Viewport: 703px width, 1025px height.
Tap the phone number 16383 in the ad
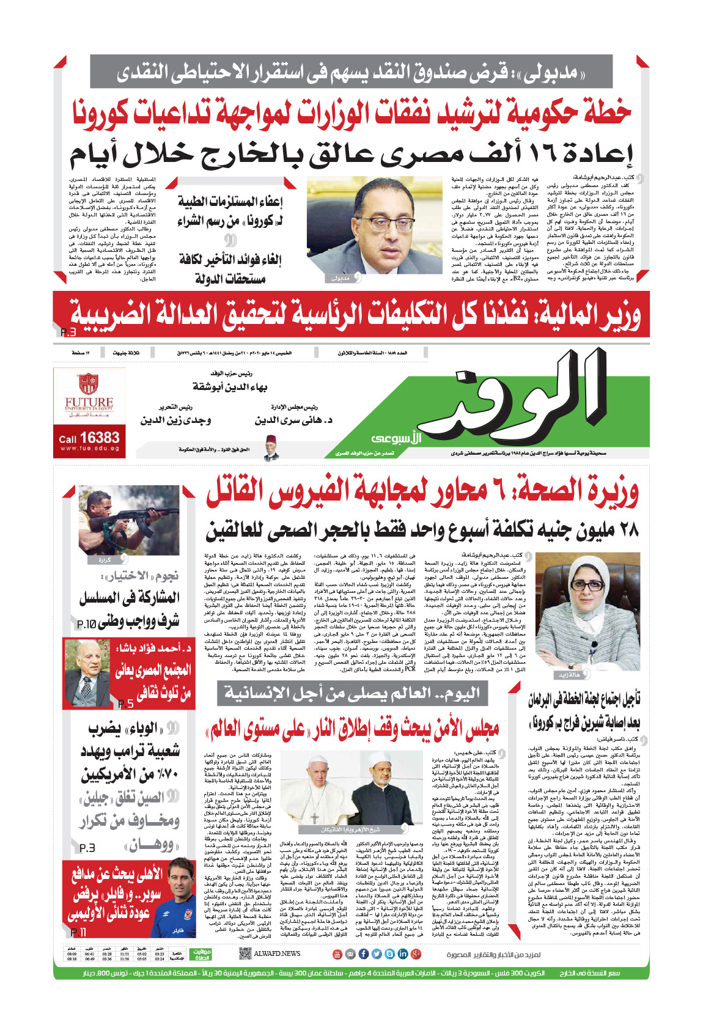pyautogui.click(x=99, y=438)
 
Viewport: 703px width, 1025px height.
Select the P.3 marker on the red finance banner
pyautogui.click(x=68, y=332)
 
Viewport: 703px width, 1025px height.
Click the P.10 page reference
pyautogui.click(x=86, y=624)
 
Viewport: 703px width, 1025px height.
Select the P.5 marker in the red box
pyautogui.click(x=125, y=704)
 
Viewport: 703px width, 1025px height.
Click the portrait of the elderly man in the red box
pyautogui.click(x=87, y=673)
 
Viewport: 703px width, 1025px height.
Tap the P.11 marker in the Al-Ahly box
pyautogui.click(x=78, y=932)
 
